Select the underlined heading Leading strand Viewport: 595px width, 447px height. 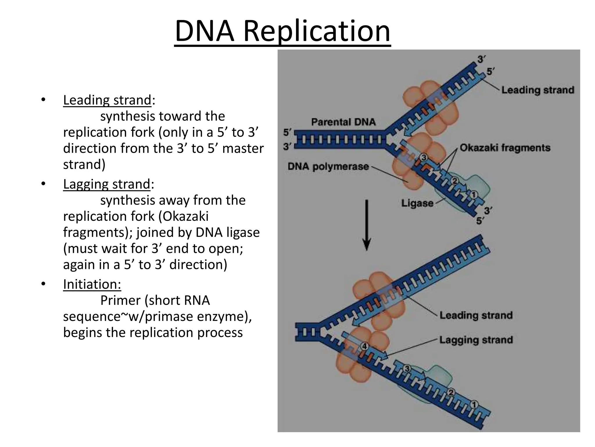107,100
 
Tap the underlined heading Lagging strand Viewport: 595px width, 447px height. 107,184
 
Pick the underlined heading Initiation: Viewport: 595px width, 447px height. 92,284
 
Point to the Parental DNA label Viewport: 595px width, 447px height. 343,122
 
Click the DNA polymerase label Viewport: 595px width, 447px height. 328,166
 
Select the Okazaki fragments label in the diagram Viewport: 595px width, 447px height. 505,148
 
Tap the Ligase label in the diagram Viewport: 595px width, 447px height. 417,203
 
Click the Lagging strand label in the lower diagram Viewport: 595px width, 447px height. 476,340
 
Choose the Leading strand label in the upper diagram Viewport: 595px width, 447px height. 538,90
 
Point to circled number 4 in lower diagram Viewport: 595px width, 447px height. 364,347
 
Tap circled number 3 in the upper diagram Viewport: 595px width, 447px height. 424,158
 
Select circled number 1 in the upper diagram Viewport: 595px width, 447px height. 474,194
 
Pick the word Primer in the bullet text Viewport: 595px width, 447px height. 120,301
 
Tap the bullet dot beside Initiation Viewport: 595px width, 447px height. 43,284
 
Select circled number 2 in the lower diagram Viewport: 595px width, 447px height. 451,393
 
